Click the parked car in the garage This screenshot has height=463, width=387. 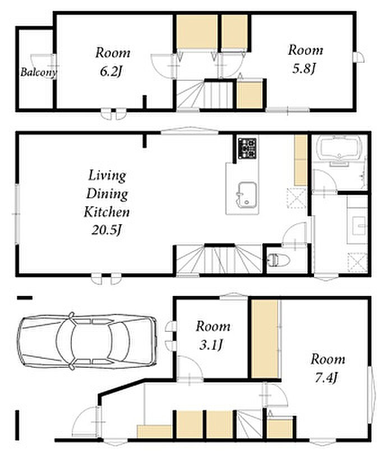(87, 341)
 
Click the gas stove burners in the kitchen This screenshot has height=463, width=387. (247, 148)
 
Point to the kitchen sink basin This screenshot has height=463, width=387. (247, 195)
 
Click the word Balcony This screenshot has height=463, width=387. (38, 72)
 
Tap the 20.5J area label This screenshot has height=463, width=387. (107, 230)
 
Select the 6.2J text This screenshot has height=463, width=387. (111, 71)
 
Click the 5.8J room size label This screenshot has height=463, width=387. (305, 69)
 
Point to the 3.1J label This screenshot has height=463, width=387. (211, 345)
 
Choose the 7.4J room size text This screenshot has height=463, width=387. (326, 378)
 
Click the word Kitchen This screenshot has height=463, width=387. (107, 212)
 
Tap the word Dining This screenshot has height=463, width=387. (107, 194)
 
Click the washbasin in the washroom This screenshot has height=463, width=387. (359, 225)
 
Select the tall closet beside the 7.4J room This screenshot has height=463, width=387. (265, 339)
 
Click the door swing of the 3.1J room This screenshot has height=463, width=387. (190, 368)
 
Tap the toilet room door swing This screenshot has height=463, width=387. (294, 233)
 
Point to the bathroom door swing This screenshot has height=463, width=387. (324, 180)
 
